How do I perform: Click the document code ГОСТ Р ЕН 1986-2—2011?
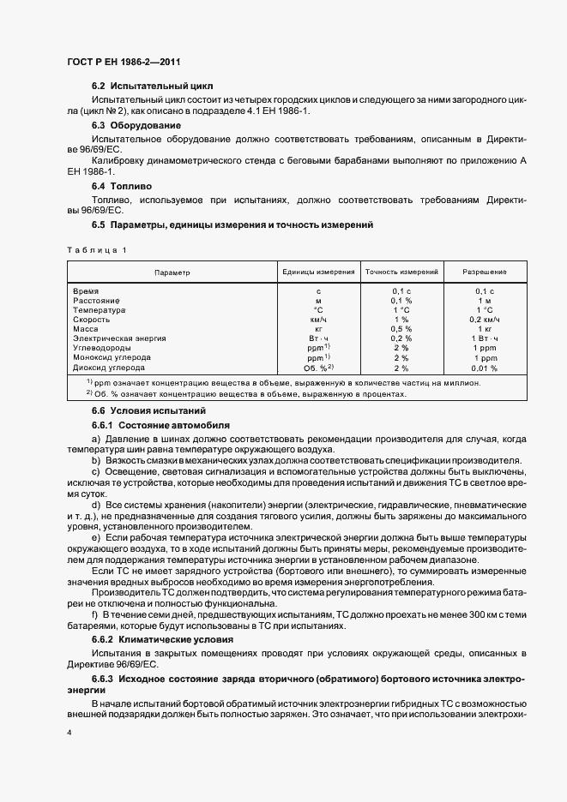pos(124,63)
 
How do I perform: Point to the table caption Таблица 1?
pos(96,249)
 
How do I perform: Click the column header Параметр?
pos(172,272)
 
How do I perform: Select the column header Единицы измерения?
pos(318,272)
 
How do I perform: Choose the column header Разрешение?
pos(485,272)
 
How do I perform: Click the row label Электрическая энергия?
pos(119,338)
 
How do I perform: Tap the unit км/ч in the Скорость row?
pos(318,320)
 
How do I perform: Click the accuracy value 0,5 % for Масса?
pos(401,329)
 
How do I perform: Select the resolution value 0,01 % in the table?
pos(485,367)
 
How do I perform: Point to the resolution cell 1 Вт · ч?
pos(485,338)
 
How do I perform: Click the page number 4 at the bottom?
pos(69,733)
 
